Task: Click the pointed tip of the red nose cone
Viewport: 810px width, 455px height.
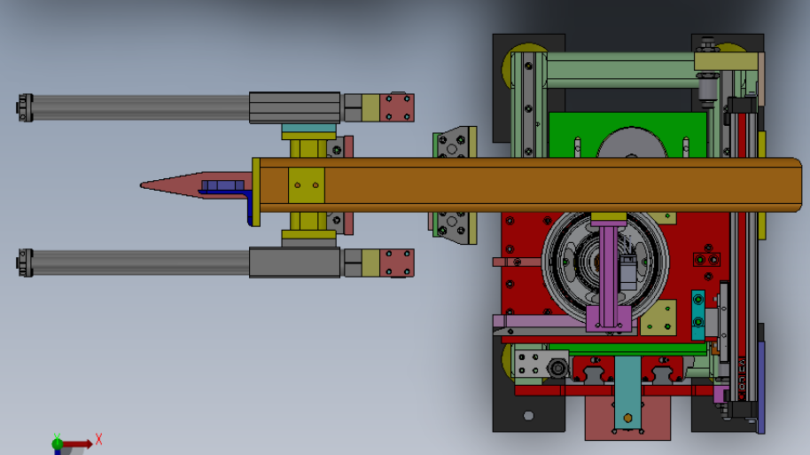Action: (142, 185)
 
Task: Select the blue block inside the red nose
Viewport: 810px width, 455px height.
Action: (222, 185)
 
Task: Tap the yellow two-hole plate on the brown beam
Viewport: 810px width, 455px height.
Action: (307, 185)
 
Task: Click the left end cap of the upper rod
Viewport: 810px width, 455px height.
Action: (25, 107)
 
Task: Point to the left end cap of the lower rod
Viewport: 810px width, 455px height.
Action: (25, 263)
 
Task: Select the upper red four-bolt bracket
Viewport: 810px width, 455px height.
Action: (397, 107)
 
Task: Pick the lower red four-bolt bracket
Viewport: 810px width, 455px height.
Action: (397, 263)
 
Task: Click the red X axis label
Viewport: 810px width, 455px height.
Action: (98, 440)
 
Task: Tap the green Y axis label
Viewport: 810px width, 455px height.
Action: (57, 437)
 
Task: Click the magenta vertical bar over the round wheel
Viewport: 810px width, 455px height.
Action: (609, 277)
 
